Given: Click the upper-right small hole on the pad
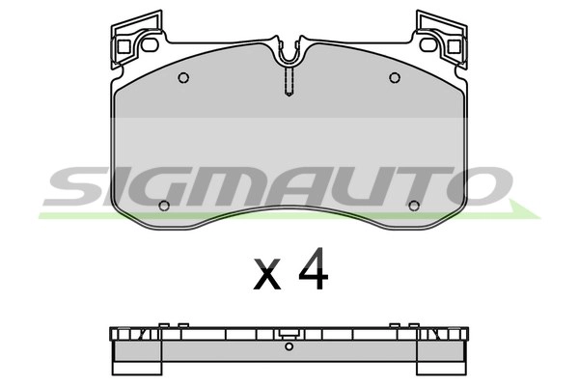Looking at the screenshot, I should point(394,78).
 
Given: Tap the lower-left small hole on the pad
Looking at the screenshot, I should point(164,205).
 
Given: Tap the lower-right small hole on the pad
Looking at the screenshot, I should point(414,205).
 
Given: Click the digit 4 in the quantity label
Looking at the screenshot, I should point(313,272).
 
